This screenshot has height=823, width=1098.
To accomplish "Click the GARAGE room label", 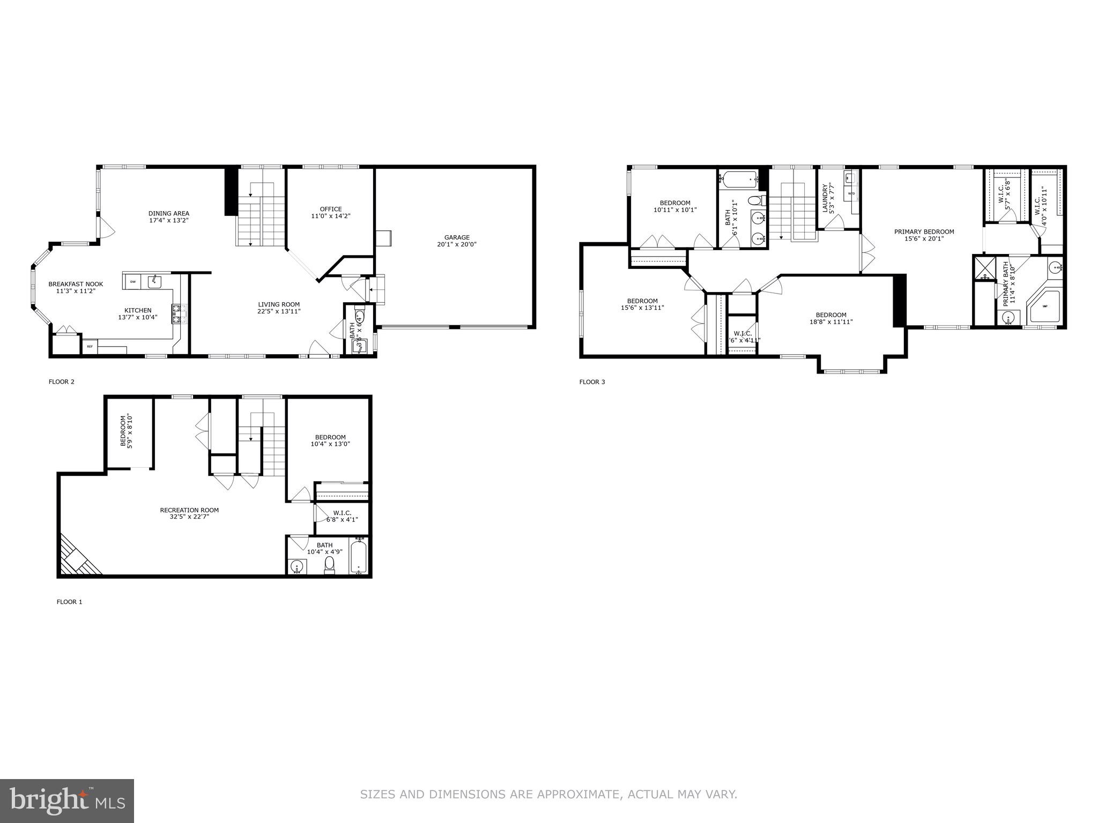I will [456, 237].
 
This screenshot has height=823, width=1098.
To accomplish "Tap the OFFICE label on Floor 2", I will [330, 209].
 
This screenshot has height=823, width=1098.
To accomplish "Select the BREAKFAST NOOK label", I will [76, 284].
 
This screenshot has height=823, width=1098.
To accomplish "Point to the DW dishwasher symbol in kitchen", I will [132, 281].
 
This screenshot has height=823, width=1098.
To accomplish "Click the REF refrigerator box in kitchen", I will [90, 347].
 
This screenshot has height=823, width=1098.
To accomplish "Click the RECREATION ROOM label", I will [189, 510].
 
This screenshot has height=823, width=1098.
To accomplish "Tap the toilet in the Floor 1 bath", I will [329, 564].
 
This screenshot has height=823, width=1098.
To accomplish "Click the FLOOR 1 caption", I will [69, 602].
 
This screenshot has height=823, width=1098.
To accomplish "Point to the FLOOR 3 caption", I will [592, 382].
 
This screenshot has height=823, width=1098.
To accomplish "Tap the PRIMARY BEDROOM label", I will [924, 231].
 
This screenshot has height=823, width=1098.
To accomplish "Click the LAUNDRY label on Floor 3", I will [826, 198].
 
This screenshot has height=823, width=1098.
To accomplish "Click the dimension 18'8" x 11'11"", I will [831, 322].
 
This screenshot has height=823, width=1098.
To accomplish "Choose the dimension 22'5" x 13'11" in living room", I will [279, 311].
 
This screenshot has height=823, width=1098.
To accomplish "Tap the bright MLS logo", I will [67, 801].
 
